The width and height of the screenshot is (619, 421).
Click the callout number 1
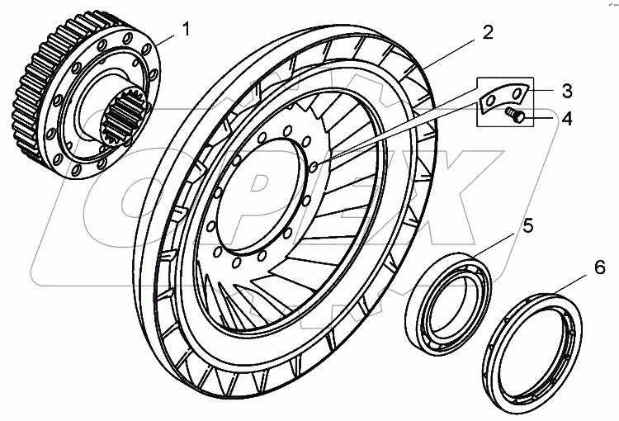click(x=186, y=30)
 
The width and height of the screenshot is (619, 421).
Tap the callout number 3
click(x=544, y=88)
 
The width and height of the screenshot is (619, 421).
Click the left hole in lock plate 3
click(x=494, y=101)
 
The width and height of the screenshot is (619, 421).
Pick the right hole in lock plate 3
click(x=516, y=92)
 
